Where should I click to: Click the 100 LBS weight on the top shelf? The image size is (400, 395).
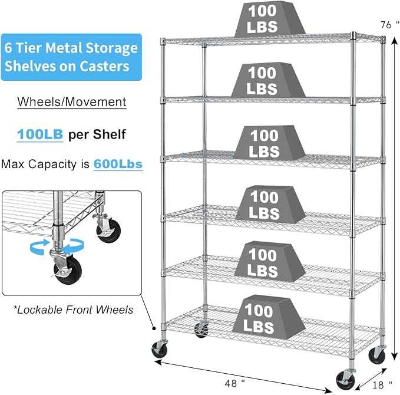269,19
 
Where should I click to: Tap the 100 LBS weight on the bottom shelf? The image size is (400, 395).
269,317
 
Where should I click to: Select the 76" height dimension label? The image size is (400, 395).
390,25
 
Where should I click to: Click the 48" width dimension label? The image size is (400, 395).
234,383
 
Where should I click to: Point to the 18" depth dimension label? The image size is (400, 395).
382,384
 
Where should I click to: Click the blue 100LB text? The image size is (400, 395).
40,134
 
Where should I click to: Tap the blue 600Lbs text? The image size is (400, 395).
118,164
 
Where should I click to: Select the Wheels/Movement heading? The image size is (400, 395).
72,102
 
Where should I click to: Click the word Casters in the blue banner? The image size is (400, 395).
104,66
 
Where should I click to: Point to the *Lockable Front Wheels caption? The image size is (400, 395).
73,310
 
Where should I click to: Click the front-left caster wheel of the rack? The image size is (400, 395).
160,349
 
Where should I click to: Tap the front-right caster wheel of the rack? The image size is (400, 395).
345,380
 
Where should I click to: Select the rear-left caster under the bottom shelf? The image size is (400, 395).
201,330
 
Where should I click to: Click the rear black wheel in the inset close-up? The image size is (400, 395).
108,231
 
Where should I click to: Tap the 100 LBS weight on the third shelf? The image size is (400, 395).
269,143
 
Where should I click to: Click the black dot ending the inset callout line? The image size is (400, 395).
154,328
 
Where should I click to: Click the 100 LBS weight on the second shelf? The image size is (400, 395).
269,80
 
